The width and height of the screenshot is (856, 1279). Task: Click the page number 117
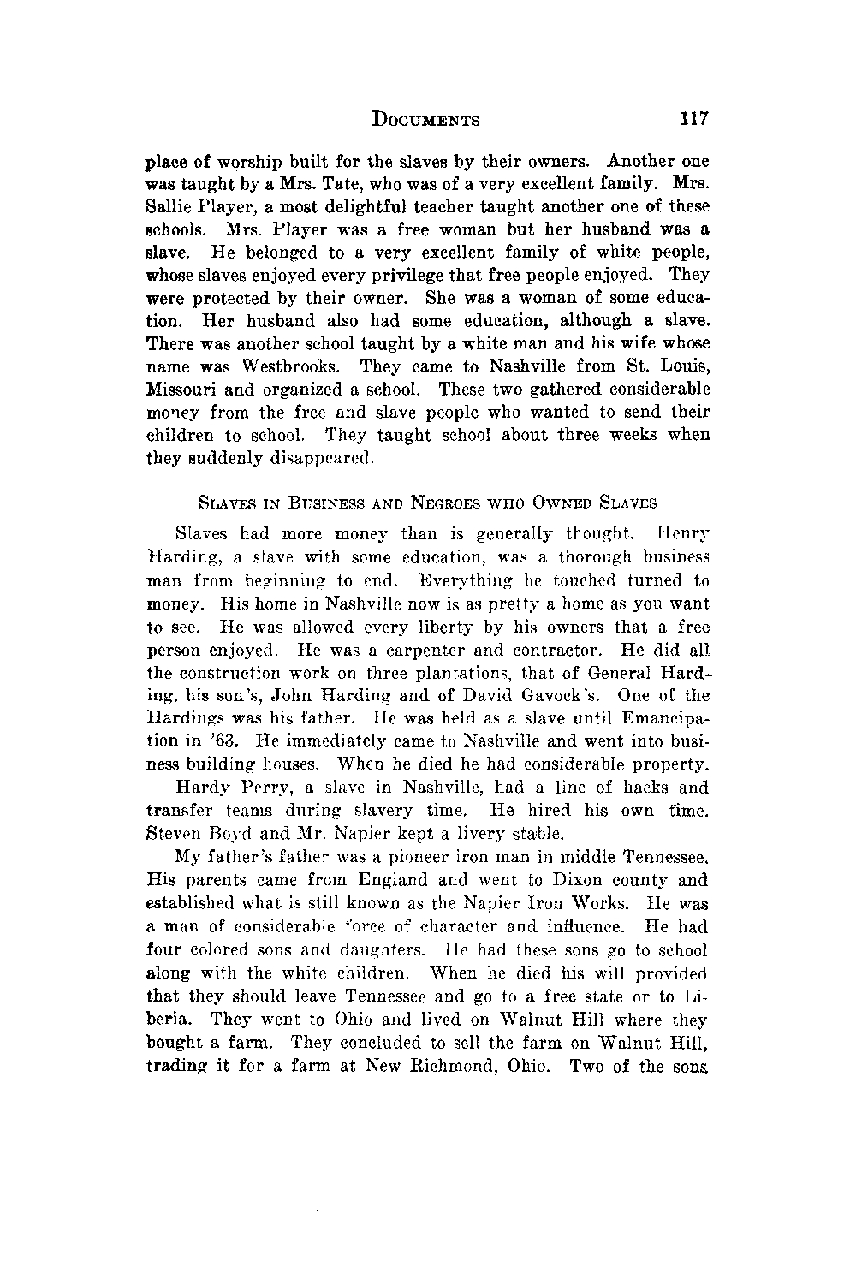(694, 119)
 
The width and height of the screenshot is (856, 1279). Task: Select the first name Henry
(682, 534)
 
